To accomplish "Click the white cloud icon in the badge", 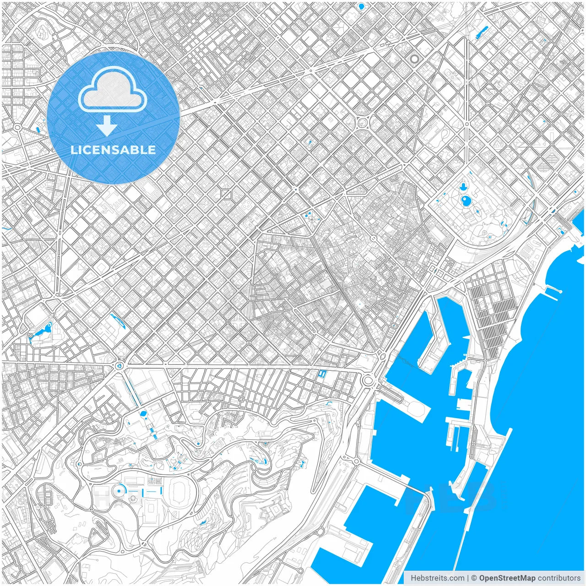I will [x=113, y=90].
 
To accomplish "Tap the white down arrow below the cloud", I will [x=107, y=126].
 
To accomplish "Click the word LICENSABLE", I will [x=113, y=150].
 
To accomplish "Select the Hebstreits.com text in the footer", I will [x=437, y=578].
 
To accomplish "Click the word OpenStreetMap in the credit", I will [x=507, y=578].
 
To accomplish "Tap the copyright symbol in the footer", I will [x=474, y=578].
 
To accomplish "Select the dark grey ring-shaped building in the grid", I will [x=414, y=59].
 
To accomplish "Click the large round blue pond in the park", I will [x=467, y=200].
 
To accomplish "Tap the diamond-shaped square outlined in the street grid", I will [x=226, y=195].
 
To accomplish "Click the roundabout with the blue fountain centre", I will [x=119, y=365].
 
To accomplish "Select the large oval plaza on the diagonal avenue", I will [x=363, y=122].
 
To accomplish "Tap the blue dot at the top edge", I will [x=361, y=6].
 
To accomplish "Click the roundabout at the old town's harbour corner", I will [x=368, y=379].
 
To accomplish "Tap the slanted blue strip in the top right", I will [x=482, y=32].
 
